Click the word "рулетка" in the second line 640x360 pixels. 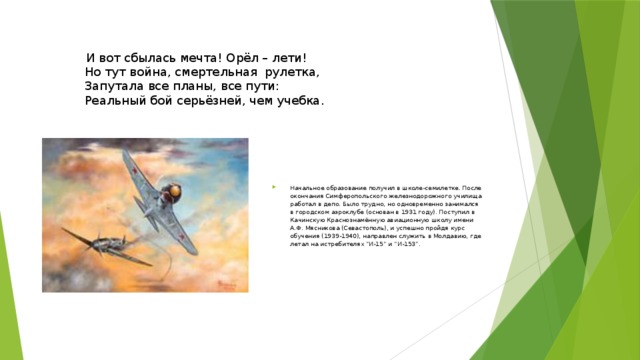(x=290, y=73)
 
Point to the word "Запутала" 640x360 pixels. (x=117, y=87)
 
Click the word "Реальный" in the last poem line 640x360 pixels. (x=116, y=101)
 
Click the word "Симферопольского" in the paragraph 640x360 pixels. (x=351, y=196)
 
